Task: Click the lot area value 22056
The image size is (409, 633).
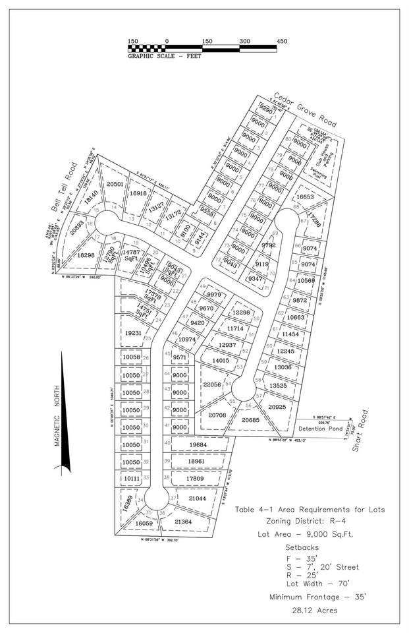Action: (x=211, y=384)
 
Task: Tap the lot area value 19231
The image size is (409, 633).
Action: (x=132, y=334)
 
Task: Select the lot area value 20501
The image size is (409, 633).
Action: (x=116, y=185)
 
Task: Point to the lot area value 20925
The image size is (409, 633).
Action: (x=277, y=407)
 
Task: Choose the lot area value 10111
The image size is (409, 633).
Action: (x=132, y=478)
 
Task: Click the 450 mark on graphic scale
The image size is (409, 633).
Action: (x=283, y=41)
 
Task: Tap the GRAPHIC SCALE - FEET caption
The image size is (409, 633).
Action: (x=165, y=56)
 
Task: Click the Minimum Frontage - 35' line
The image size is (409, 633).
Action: (x=312, y=597)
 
